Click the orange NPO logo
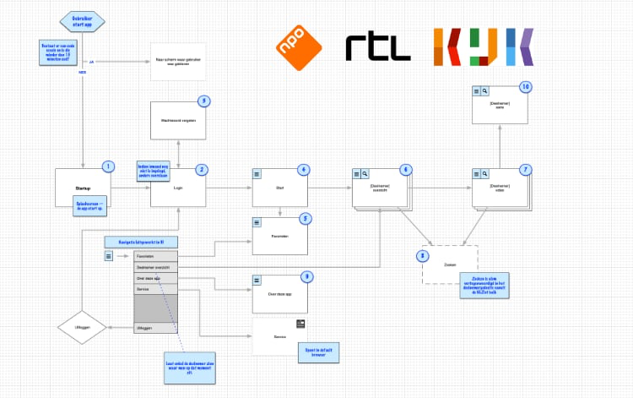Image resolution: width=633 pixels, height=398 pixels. coord(299,47)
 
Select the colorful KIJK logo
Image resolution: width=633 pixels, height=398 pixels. coord(483,47)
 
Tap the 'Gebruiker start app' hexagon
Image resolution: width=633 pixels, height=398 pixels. coord(83,20)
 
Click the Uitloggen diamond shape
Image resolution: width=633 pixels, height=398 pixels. coord(83,327)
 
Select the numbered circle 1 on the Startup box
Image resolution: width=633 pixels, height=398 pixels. coord(107,167)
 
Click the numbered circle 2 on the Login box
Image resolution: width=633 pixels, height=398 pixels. coord(202,169)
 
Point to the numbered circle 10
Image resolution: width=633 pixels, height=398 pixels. coord(526,87)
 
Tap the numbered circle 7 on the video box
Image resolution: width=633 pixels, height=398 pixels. coord(525,169)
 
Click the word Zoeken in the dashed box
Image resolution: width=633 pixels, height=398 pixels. coord(449,264)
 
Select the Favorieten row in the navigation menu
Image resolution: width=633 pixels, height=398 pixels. coord(155,255)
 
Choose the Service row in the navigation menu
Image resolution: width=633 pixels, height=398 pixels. coord(155,288)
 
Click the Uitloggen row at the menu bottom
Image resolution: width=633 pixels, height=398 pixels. coord(155,327)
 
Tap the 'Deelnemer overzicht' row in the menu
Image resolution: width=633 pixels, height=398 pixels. coord(155,266)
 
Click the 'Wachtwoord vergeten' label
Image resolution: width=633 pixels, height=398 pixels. coord(178,121)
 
